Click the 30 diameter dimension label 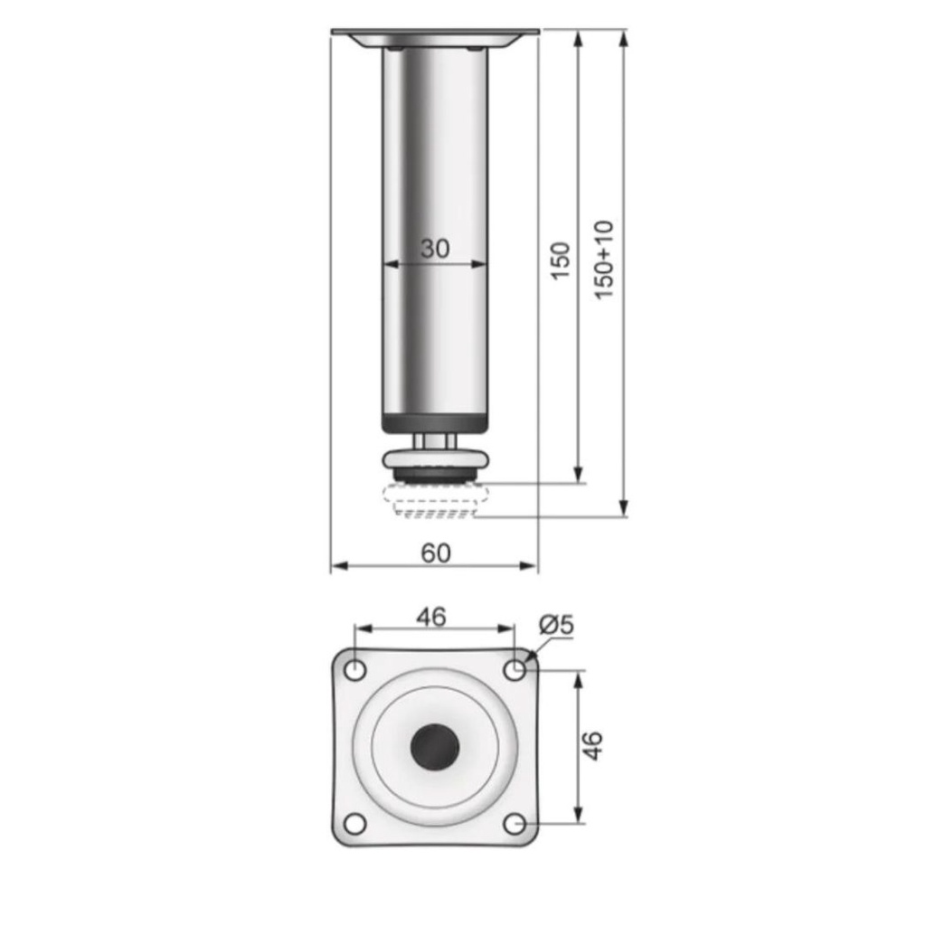pos(435,249)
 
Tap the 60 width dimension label pos(436,553)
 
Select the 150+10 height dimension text pos(604,260)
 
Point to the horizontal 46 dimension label pos(431,617)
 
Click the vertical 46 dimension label pos(592,745)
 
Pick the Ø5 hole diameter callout pos(556,624)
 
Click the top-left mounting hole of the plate pos(355,670)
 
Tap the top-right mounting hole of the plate pos(515,670)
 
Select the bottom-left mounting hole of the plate pos(354,823)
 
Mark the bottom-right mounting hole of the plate pos(515,823)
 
